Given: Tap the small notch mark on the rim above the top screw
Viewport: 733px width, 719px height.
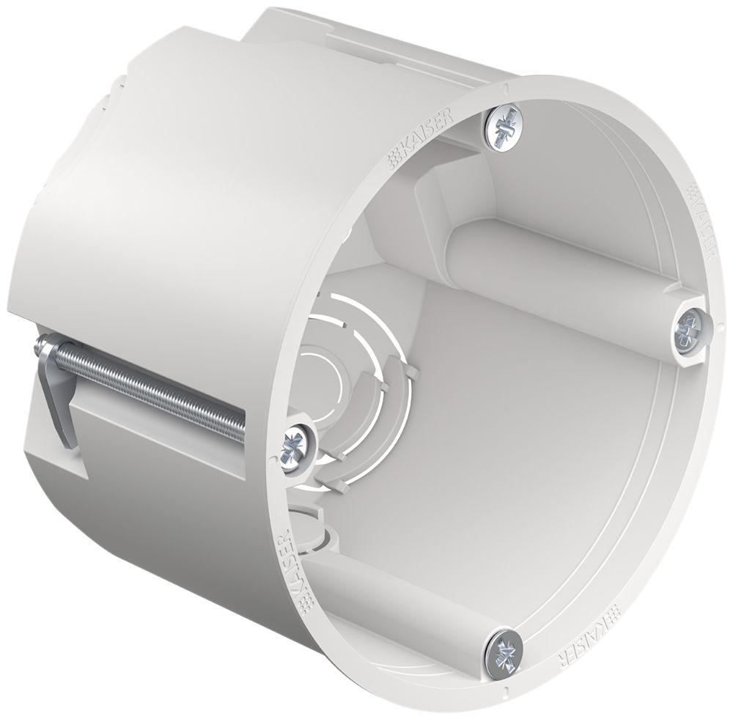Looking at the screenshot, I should (506, 88).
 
